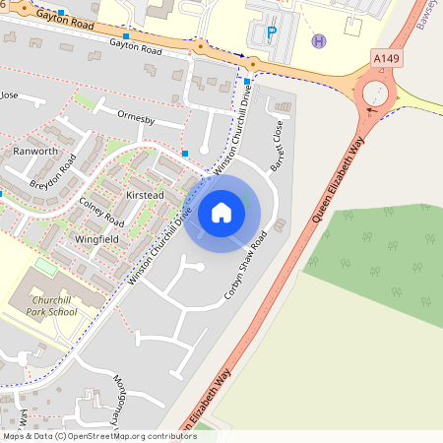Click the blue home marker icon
point(221,212)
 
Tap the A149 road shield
point(387,60)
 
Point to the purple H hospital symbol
point(318,41)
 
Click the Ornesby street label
point(137,120)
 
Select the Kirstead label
point(145,196)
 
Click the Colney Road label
point(100,208)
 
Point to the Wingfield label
point(96,238)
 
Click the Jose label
point(10,95)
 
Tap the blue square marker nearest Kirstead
point(185,154)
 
